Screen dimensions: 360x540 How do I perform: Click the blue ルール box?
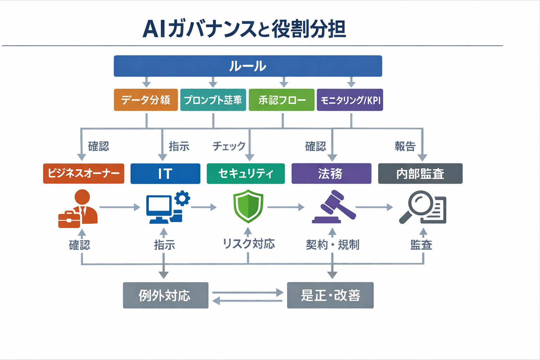(x=248, y=66)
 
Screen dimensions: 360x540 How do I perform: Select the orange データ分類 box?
(x=146, y=100)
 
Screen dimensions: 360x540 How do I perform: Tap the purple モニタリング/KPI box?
(x=350, y=100)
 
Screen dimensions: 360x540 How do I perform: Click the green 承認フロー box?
(x=282, y=100)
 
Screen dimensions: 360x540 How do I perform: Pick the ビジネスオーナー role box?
(x=84, y=173)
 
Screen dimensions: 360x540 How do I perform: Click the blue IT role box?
(x=165, y=174)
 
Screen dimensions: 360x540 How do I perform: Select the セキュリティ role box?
(x=246, y=173)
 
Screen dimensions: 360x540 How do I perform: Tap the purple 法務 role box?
(x=331, y=173)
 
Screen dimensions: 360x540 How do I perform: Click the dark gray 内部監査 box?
(x=420, y=173)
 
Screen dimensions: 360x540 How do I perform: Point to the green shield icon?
(x=248, y=206)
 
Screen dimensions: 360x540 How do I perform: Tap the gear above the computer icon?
(x=182, y=198)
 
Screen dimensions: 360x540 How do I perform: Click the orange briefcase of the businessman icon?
(x=69, y=219)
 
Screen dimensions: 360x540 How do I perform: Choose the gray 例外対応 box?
(x=166, y=295)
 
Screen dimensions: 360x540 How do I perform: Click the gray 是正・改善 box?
(x=330, y=295)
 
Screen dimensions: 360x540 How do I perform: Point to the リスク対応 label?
(x=249, y=244)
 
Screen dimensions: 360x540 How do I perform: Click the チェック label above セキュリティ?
(x=229, y=146)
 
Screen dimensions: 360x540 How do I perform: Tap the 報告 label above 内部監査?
(x=405, y=146)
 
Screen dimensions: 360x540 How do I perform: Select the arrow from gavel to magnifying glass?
(x=374, y=207)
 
